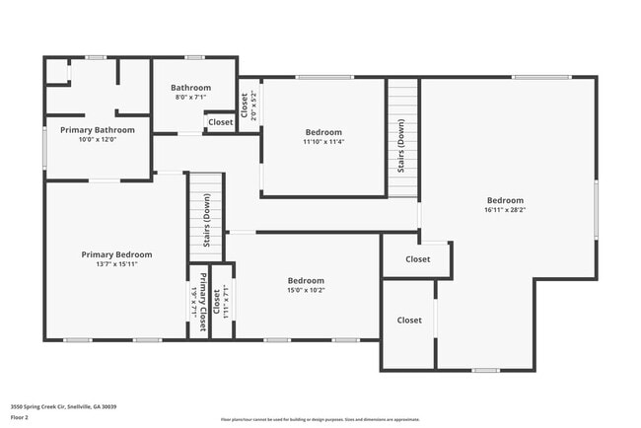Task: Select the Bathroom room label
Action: (x=190, y=87)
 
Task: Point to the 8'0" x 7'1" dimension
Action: (x=190, y=97)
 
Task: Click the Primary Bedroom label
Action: (x=115, y=253)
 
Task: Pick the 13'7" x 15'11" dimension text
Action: (x=115, y=263)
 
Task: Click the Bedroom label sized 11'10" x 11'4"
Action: (x=323, y=132)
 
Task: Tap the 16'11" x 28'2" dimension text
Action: (x=505, y=209)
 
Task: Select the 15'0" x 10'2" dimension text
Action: (x=306, y=290)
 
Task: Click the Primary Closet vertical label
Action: (x=204, y=302)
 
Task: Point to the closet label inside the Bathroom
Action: (x=221, y=122)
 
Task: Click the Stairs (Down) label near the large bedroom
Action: (x=401, y=146)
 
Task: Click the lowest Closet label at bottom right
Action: (x=409, y=320)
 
